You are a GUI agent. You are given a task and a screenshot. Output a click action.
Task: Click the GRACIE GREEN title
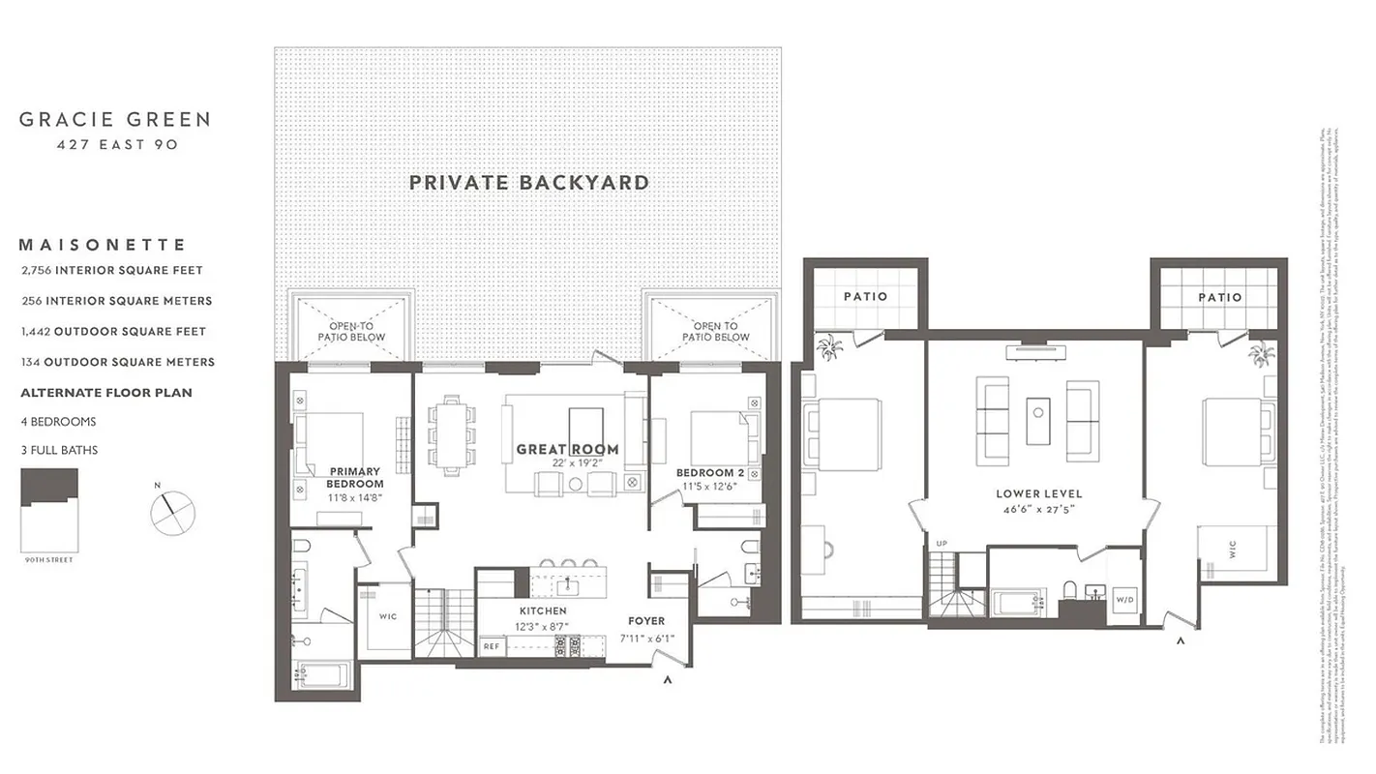[x=114, y=120]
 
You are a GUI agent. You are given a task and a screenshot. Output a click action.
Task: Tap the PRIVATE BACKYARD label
[x=528, y=182]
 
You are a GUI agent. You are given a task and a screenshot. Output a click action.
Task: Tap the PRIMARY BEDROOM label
[x=354, y=477]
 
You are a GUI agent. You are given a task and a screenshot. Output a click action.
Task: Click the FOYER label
[x=645, y=621]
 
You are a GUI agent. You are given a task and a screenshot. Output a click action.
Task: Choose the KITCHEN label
[x=543, y=611]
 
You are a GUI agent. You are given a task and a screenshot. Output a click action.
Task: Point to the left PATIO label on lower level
[x=865, y=296]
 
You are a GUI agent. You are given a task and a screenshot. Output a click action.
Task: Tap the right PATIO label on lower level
[x=1219, y=297]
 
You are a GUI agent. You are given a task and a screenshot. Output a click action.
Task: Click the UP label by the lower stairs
[x=941, y=544]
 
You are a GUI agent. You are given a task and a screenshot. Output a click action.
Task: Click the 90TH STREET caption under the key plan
[x=48, y=560]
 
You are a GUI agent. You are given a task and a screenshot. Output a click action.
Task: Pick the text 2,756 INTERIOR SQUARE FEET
[x=112, y=270]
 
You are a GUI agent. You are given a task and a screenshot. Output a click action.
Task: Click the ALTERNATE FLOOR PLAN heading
[x=106, y=393]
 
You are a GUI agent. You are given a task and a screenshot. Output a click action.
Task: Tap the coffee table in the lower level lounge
[x=1038, y=420]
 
